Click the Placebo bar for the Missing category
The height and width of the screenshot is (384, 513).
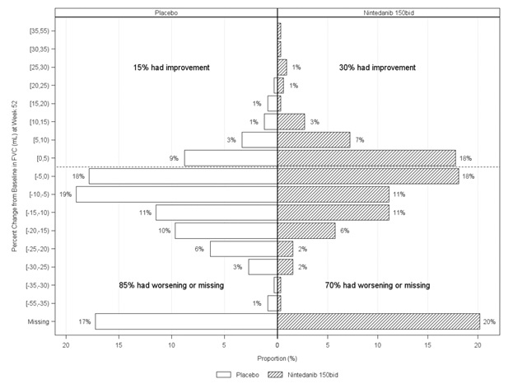click(186, 321)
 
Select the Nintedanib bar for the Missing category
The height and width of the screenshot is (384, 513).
click(378, 321)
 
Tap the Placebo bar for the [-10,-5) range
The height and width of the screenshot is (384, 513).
click(176, 194)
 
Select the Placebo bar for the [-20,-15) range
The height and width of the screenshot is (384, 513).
click(226, 231)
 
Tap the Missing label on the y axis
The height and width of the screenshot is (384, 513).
click(41, 321)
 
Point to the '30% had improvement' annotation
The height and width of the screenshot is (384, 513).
click(377, 68)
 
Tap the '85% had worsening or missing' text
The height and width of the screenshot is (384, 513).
click(174, 285)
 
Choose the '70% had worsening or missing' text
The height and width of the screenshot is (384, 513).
click(377, 285)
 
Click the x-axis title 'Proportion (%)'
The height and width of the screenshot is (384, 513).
click(277, 359)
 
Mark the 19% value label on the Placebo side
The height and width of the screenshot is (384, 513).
click(65, 194)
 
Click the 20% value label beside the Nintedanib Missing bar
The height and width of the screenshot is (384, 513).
click(489, 321)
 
